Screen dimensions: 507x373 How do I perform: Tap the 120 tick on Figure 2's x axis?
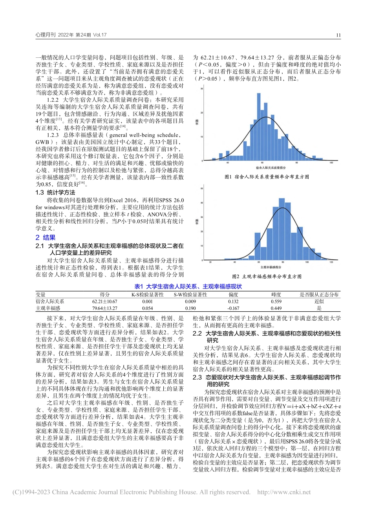331,262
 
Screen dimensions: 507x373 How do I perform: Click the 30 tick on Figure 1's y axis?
202,90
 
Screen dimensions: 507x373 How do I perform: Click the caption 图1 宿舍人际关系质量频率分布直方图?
267,177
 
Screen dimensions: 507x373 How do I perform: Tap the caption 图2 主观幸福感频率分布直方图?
267,276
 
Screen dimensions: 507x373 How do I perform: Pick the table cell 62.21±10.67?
104,301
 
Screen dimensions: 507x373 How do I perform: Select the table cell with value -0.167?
233,308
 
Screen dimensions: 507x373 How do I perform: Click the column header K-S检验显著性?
147,294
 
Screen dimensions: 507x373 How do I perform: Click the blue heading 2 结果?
46,238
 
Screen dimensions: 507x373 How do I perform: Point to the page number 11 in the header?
338,35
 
